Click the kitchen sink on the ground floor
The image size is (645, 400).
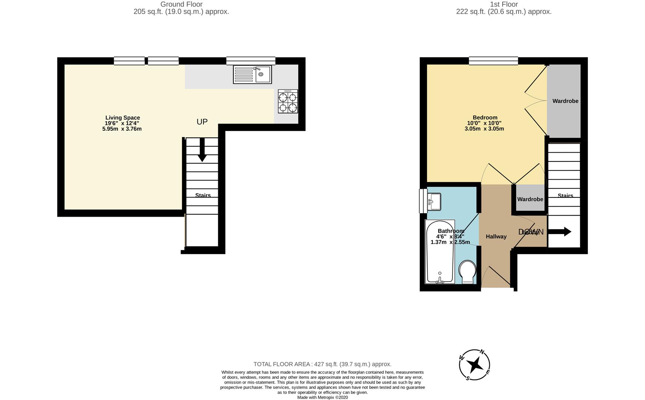(x=252, y=74)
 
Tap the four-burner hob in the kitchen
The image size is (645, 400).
(x=288, y=101)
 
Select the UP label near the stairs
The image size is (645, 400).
(x=202, y=122)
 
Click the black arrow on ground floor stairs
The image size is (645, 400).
(x=202, y=150)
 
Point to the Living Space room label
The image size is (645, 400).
(x=122, y=118)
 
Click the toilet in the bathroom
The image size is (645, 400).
(x=467, y=272)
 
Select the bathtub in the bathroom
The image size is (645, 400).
(x=440, y=252)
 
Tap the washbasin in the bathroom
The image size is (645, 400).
(x=433, y=201)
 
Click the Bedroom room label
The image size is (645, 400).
(x=485, y=118)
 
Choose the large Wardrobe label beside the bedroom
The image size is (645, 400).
(x=565, y=101)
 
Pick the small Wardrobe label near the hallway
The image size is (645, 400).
(x=530, y=199)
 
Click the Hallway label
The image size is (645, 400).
(x=496, y=237)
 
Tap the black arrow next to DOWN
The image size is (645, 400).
(x=559, y=232)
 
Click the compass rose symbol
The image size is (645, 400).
(x=475, y=365)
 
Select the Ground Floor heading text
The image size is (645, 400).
(x=181, y=4)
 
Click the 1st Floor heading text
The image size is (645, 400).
(x=503, y=4)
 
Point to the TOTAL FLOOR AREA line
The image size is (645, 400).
(x=322, y=364)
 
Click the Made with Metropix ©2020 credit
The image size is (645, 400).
(x=322, y=397)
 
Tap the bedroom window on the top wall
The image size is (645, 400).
(x=493, y=61)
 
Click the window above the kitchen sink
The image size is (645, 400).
(x=250, y=61)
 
